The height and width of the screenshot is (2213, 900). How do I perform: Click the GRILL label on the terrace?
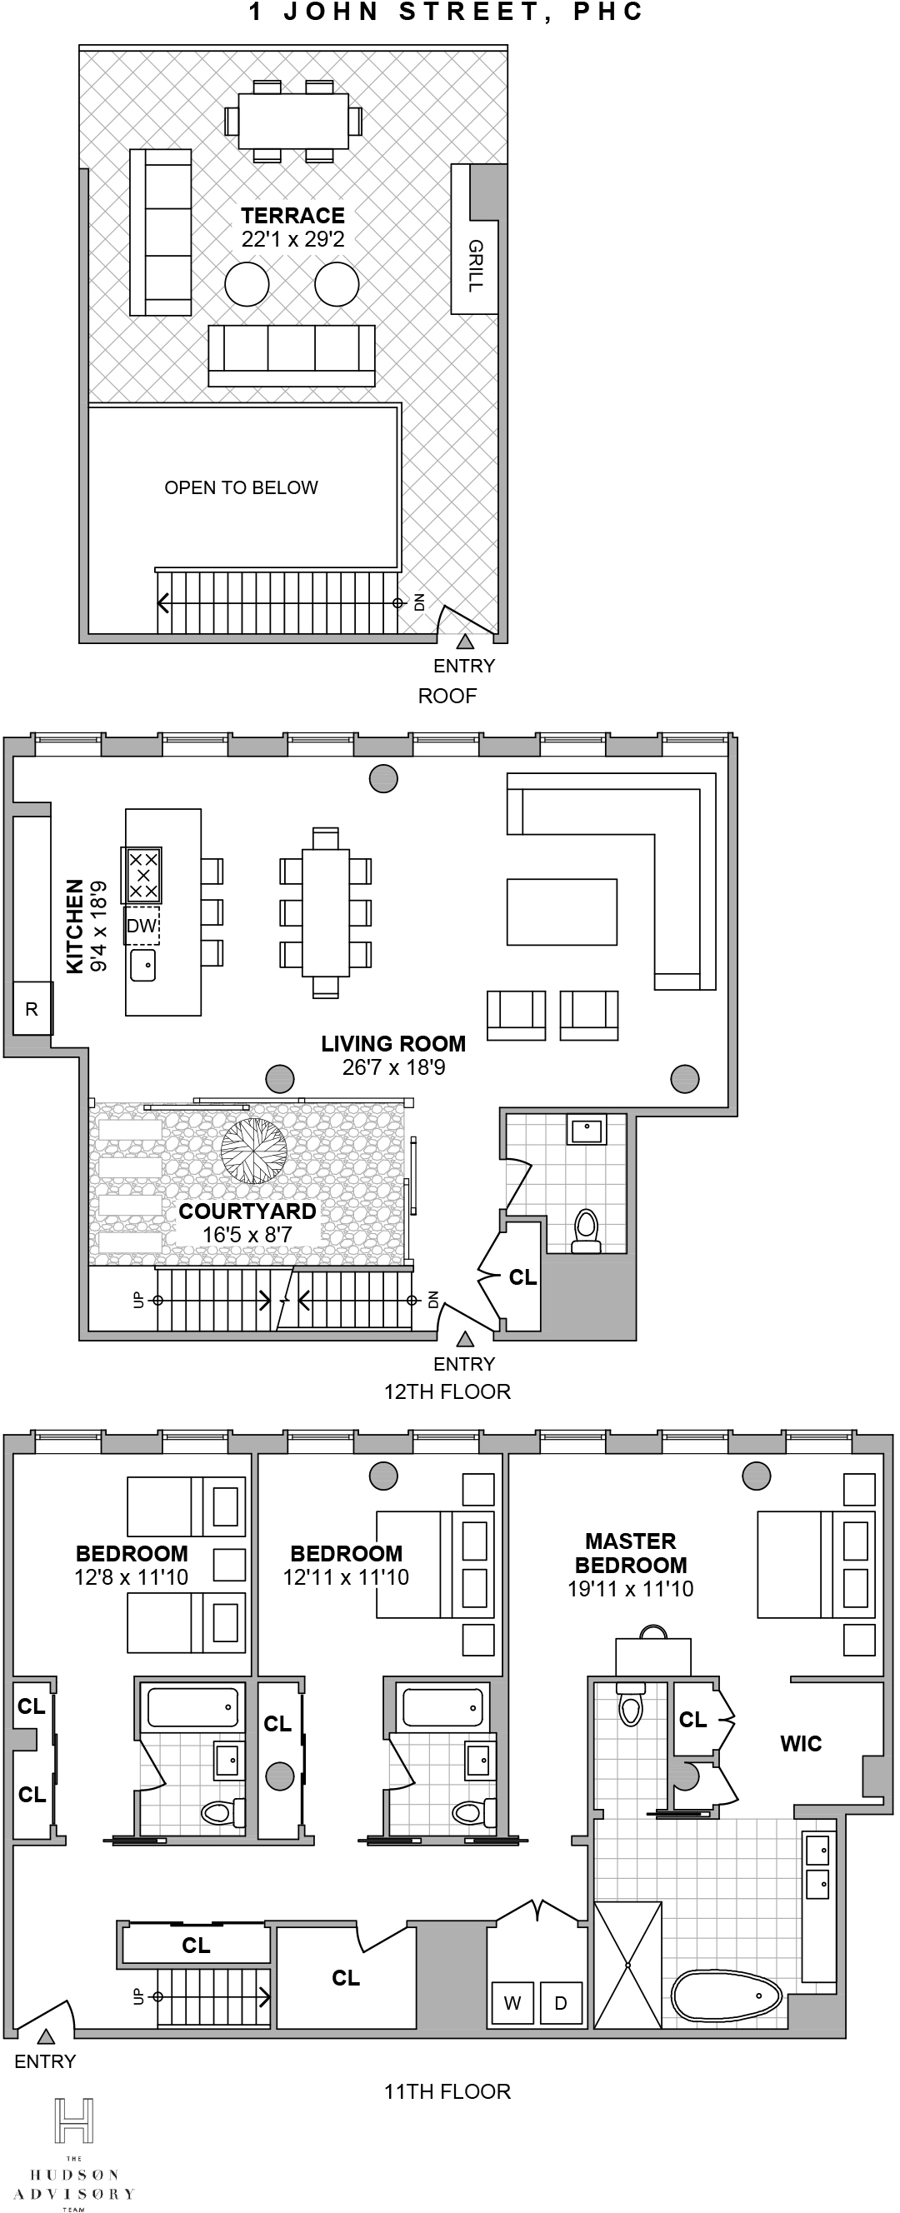click(475, 266)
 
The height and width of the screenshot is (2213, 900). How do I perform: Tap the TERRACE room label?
click(292, 216)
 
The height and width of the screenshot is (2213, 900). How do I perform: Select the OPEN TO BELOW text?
click(241, 488)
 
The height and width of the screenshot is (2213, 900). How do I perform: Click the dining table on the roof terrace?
click(293, 121)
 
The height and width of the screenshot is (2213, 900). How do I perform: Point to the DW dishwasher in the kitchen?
click(142, 926)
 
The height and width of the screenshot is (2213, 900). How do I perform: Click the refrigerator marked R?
click(32, 1009)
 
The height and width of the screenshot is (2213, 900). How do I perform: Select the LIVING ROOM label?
click(392, 1044)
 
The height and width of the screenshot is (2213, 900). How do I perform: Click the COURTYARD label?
click(247, 1211)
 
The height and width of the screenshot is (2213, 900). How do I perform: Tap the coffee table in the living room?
click(562, 912)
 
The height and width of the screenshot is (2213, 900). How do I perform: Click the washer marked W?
click(512, 2003)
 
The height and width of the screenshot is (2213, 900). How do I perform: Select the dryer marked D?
click(561, 2003)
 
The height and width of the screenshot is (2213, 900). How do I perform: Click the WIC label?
click(800, 1744)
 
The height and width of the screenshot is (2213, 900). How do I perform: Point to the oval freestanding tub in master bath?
click(727, 1995)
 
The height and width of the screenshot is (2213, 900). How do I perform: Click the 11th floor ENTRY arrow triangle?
click(47, 2036)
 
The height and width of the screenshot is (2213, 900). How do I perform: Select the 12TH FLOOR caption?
click(447, 1391)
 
